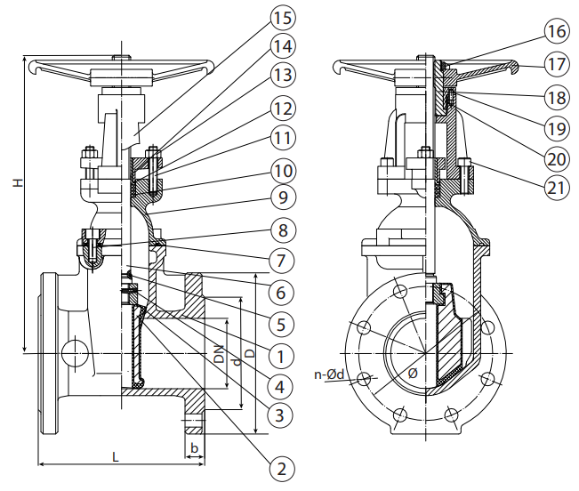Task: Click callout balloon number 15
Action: pyautogui.click(x=283, y=17)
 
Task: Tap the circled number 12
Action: pyautogui.click(x=283, y=109)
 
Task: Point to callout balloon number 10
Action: pyautogui.click(x=283, y=169)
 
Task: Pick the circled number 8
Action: pyautogui.click(x=283, y=229)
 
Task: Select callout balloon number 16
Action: pyautogui.click(x=556, y=33)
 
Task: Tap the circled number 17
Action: pyautogui.click(x=556, y=64)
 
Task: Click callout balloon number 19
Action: pyautogui.click(x=556, y=128)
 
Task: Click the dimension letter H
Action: pyautogui.click(x=15, y=182)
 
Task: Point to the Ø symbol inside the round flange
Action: pyautogui.click(x=413, y=374)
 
